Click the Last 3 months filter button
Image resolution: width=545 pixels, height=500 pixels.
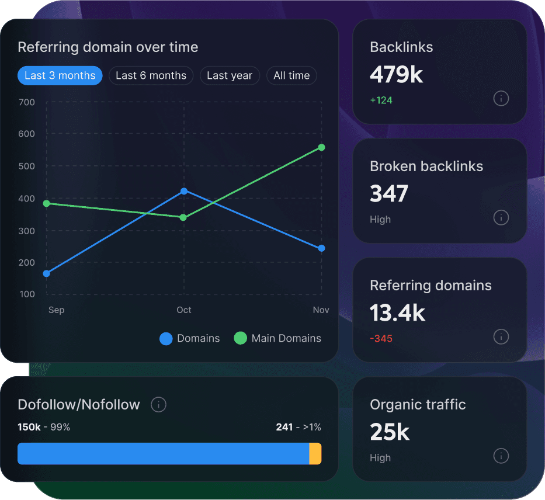click(x=60, y=75)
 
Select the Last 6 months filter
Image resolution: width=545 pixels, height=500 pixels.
click(x=151, y=75)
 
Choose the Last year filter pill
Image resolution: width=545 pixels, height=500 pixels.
click(x=229, y=75)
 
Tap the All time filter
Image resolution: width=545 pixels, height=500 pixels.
click(x=291, y=75)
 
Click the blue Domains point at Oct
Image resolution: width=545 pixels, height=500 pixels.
click(x=184, y=191)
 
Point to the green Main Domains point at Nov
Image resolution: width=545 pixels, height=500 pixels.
click(x=321, y=147)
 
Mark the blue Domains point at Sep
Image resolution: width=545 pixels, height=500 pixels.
click(x=47, y=273)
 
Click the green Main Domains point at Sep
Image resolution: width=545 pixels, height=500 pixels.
click(x=47, y=203)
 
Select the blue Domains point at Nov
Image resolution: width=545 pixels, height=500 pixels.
click(x=321, y=248)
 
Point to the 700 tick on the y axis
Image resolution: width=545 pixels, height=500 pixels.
click(x=27, y=102)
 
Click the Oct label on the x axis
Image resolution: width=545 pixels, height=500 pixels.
click(x=184, y=310)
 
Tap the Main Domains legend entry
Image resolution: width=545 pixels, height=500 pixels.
click(x=277, y=338)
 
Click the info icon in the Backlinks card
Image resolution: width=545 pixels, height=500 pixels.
click(x=501, y=98)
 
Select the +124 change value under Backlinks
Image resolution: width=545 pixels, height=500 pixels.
click(x=381, y=100)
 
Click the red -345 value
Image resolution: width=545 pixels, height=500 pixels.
click(x=381, y=339)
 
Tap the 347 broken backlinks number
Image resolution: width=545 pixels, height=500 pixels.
click(x=389, y=194)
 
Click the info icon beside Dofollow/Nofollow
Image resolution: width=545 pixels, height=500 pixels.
click(x=158, y=404)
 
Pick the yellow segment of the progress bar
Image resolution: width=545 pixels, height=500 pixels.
click(x=315, y=454)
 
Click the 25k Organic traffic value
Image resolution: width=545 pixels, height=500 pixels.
click(x=390, y=432)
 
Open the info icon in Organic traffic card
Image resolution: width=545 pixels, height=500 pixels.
click(x=501, y=456)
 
